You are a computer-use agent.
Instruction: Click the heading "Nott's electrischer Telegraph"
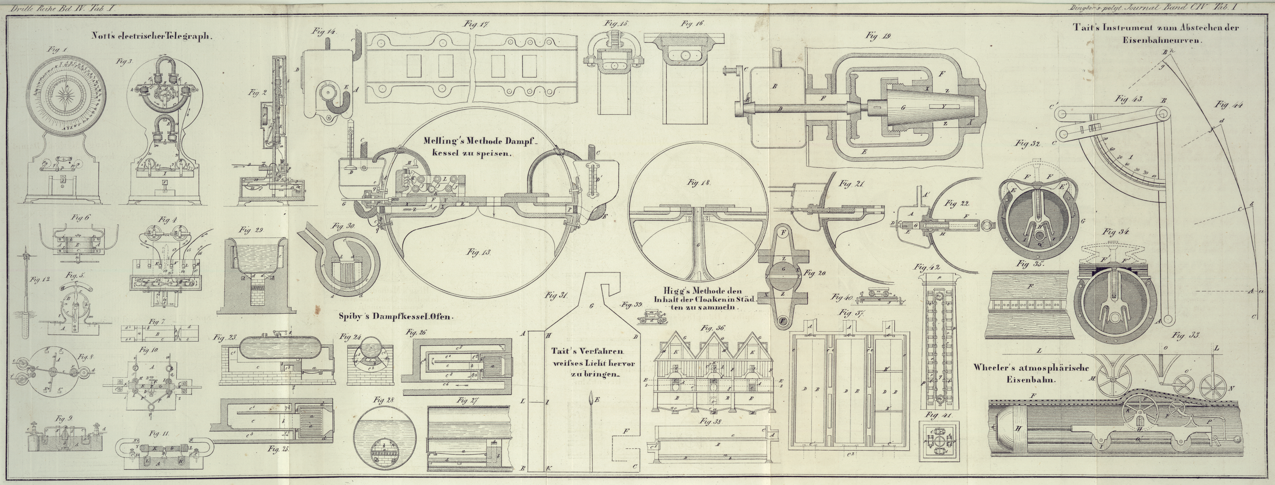(151, 36)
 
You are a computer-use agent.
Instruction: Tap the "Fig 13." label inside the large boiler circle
(478, 252)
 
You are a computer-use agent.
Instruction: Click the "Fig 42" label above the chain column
(927, 268)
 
